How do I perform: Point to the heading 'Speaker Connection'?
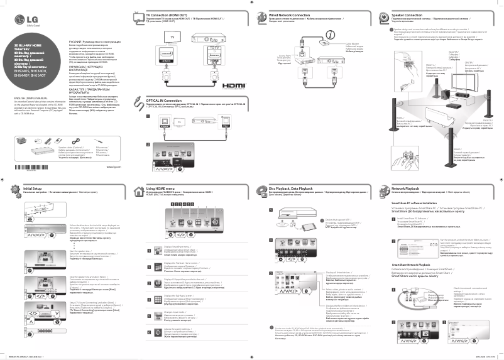coord(407,13)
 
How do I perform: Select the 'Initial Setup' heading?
coord(33,188)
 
